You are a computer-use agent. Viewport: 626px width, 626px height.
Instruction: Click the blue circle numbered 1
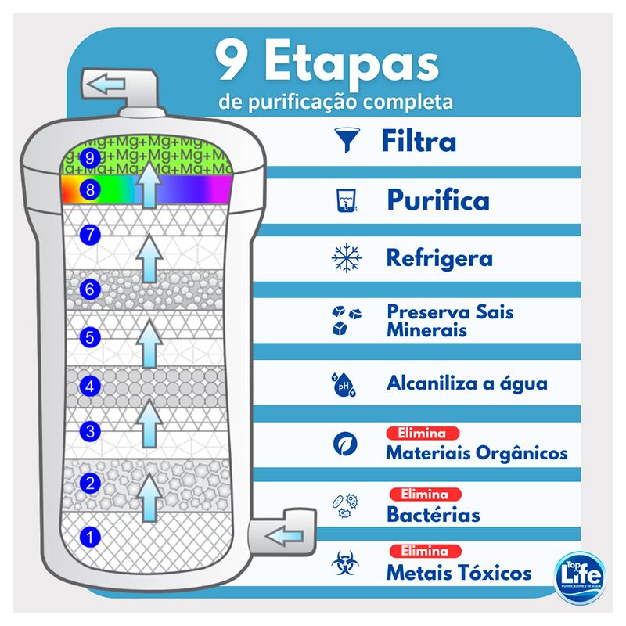[90, 537]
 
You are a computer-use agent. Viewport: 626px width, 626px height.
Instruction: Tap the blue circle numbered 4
[90, 386]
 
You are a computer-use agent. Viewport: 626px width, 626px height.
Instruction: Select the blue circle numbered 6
[90, 289]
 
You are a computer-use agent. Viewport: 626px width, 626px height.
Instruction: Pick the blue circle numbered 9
[90, 158]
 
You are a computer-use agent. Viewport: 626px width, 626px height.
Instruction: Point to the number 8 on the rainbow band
[90, 189]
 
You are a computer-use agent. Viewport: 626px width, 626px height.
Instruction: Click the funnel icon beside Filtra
[347, 140]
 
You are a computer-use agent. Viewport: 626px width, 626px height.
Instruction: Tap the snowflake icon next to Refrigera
[347, 258]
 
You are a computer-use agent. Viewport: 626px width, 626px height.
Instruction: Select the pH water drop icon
[344, 384]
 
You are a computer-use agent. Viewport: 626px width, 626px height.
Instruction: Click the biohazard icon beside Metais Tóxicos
[345, 563]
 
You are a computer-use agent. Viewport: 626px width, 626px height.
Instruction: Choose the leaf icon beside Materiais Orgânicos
[345, 444]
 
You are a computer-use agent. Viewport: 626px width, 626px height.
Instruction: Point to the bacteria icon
[345, 505]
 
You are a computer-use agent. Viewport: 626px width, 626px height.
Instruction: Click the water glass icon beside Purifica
[347, 200]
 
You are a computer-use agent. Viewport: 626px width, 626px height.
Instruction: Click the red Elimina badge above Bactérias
[426, 495]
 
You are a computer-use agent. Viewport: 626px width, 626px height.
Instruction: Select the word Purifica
[438, 200]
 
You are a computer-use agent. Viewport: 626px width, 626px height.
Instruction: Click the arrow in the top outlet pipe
[106, 84]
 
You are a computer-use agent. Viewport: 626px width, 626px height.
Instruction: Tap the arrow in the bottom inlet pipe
[284, 536]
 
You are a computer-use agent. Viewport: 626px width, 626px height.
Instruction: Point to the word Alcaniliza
[432, 383]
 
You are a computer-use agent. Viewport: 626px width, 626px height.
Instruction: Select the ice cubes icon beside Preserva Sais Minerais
[347, 320]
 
